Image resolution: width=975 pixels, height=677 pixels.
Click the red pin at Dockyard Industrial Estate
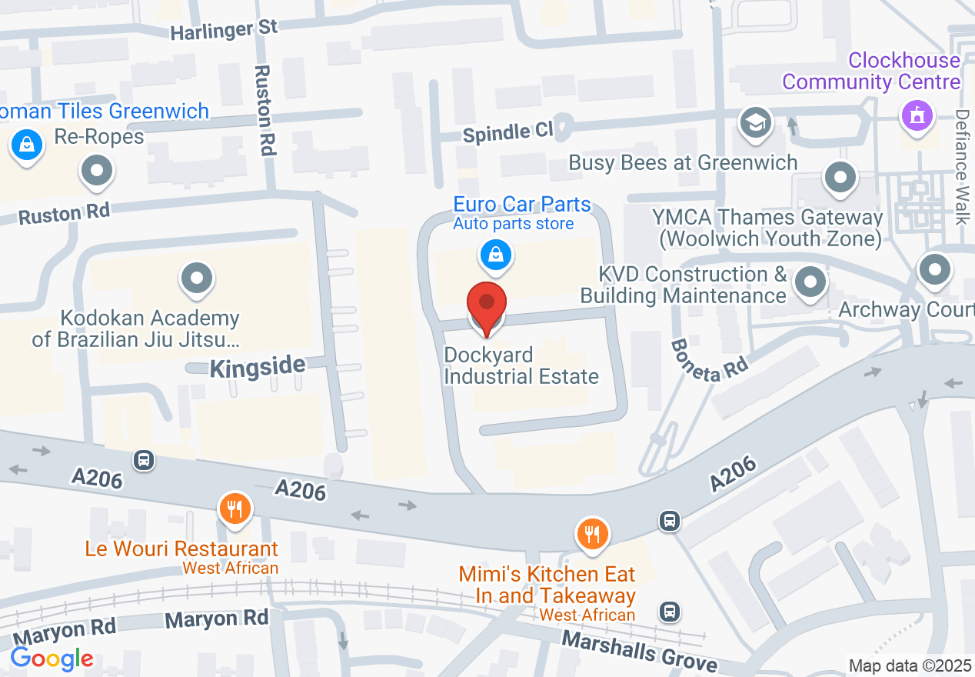pyautogui.click(x=487, y=303)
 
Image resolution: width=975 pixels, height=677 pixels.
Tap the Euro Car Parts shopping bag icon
pyautogui.click(x=497, y=255)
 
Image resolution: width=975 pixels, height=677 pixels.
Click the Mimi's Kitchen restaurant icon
pyautogui.click(x=591, y=532)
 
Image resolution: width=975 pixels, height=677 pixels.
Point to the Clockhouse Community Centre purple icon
pyautogui.click(x=916, y=117)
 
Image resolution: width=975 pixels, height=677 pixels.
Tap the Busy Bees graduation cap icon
pyautogui.click(x=756, y=122)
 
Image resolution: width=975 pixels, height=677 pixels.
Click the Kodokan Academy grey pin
pyautogui.click(x=197, y=277)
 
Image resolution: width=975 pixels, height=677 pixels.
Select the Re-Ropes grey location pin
pyautogui.click(x=98, y=170)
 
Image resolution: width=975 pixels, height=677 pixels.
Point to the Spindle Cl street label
pyautogui.click(x=507, y=132)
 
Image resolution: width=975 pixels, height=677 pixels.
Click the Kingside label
pyautogui.click(x=258, y=367)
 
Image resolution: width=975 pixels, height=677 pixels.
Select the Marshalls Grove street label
pyautogui.click(x=639, y=651)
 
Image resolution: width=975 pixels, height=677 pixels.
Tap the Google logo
pyautogui.click(x=52, y=659)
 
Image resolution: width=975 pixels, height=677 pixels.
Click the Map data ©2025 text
pyautogui.click(x=909, y=665)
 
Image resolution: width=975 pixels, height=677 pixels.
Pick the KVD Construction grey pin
pyautogui.click(x=809, y=281)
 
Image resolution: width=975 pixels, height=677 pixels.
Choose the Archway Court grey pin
pyautogui.click(x=935, y=270)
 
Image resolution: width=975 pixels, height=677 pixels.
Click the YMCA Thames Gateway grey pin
pyautogui.click(x=840, y=178)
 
